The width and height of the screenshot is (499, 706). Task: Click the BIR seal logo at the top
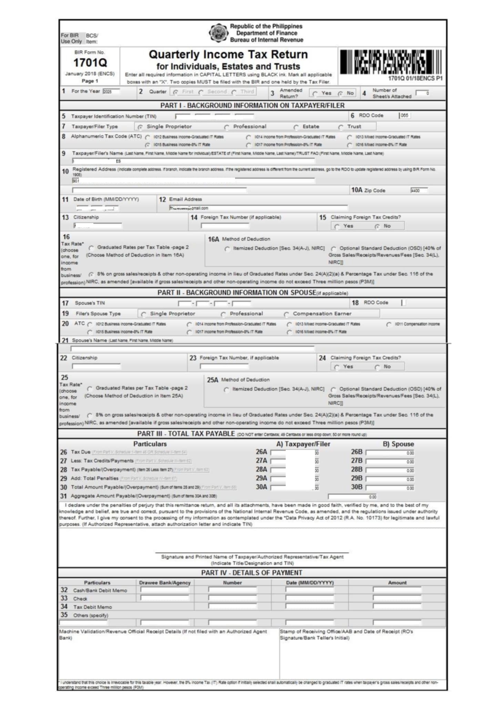(218, 33)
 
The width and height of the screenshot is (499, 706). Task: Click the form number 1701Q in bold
(90, 63)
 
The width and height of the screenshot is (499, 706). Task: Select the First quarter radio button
(176, 92)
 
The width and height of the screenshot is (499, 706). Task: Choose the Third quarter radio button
(234, 92)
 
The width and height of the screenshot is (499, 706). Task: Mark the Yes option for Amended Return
(315, 93)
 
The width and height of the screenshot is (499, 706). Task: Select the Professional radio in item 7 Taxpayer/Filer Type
(227, 127)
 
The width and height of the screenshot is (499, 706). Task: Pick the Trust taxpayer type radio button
(341, 127)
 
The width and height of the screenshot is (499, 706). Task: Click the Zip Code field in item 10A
(419, 190)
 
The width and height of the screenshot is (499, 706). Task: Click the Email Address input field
(258, 208)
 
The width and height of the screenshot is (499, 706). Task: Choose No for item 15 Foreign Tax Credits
(377, 226)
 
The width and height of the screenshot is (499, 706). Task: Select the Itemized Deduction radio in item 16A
(227, 249)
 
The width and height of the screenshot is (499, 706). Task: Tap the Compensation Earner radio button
(286, 314)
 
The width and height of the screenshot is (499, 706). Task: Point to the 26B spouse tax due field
(390, 453)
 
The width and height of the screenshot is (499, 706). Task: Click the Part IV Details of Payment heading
(252, 573)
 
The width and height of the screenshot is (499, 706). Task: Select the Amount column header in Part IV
(397, 583)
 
